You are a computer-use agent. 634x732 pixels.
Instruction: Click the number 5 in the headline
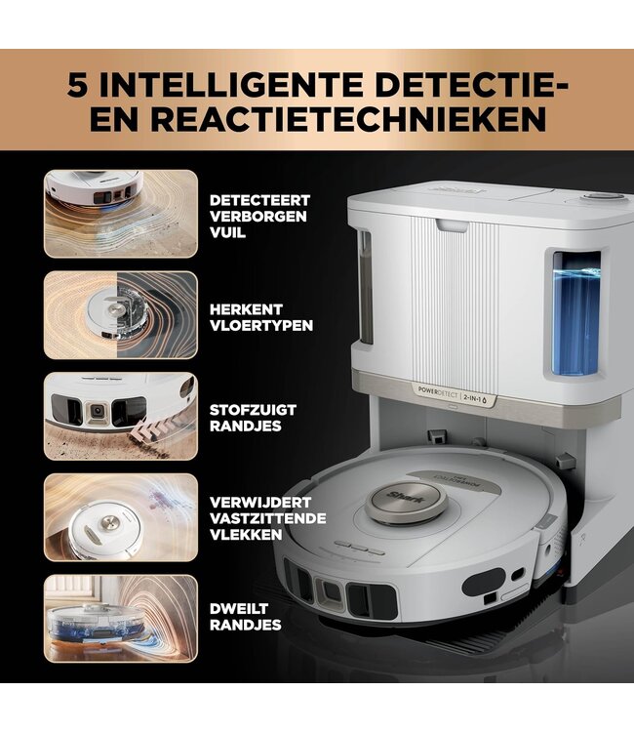(x=81, y=83)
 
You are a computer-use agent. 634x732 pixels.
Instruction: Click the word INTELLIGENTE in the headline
(x=226, y=83)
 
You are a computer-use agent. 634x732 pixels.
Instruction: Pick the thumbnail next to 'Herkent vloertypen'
(x=120, y=315)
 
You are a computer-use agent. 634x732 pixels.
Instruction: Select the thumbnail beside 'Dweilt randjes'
(x=120, y=618)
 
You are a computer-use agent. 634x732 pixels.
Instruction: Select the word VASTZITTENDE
(x=267, y=518)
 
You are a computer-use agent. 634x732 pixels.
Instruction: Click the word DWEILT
(x=239, y=608)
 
